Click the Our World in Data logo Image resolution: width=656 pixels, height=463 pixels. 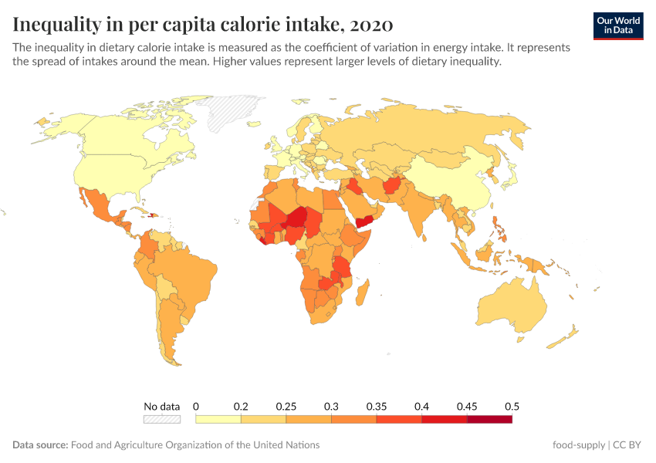click(x=617, y=25)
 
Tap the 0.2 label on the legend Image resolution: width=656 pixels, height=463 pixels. click(x=241, y=406)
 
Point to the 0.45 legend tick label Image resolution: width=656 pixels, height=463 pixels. click(x=467, y=406)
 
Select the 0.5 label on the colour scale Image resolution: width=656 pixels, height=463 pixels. click(x=511, y=406)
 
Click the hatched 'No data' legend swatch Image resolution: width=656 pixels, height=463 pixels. click(x=161, y=419)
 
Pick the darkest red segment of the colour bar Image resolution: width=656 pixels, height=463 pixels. click(x=489, y=419)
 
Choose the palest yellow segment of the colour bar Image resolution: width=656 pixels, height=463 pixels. click(x=218, y=419)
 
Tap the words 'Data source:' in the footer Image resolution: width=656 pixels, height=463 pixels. click(x=40, y=445)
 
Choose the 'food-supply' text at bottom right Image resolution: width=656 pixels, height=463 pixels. click(x=578, y=445)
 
